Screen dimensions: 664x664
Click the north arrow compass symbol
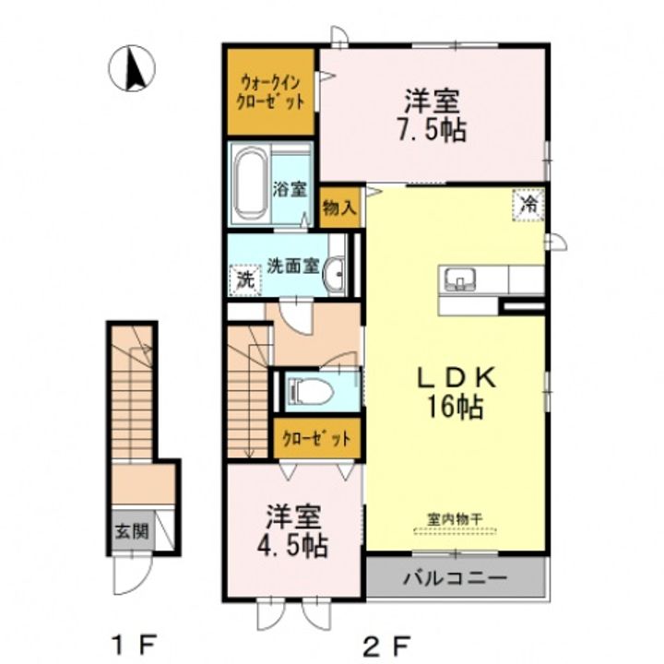coord(132,68)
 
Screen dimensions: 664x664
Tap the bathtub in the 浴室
coord(252,184)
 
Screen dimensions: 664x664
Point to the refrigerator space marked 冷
coord(528,205)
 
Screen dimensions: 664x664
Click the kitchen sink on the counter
coord(459,279)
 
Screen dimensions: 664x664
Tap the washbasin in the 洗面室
coord(334,274)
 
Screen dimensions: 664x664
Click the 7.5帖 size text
coord(432,129)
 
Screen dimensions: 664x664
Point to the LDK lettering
coord(456,378)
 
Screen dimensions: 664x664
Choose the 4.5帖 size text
coord(292,545)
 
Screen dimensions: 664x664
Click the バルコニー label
coord(455,577)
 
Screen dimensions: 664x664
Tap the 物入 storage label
coord(338,207)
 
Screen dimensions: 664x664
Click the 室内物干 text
coord(455,519)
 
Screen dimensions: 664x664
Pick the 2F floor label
coord(386,646)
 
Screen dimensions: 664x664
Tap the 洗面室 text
coord(292,267)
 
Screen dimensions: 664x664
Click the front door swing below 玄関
coord(133,573)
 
